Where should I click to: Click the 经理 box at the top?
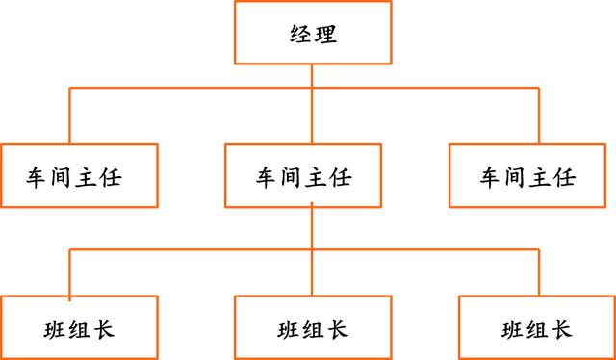[x=313, y=34]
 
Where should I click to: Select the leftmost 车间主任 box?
[x=79, y=176]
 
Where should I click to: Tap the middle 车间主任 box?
[x=303, y=176]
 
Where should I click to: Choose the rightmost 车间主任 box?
[x=527, y=176]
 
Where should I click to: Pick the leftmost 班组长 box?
[x=79, y=328]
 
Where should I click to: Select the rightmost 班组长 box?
[x=536, y=328]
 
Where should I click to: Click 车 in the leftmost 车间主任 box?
[x=38, y=177]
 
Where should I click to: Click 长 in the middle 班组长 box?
[x=336, y=329]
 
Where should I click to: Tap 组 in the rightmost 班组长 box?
[x=536, y=329]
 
